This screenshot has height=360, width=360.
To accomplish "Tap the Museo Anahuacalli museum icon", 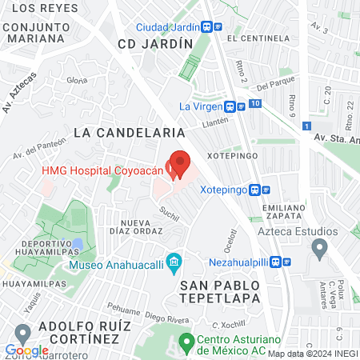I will [x=174, y=263].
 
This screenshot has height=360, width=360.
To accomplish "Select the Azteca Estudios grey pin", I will [x=319, y=249].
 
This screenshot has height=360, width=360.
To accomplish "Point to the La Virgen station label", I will [x=205, y=106].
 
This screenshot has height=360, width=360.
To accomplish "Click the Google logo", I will [x=26, y=350].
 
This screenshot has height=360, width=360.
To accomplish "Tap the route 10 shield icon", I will [x=254, y=103].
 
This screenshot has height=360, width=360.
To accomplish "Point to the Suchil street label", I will [x=169, y=213].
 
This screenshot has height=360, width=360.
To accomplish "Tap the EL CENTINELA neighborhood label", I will [x=258, y=38].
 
